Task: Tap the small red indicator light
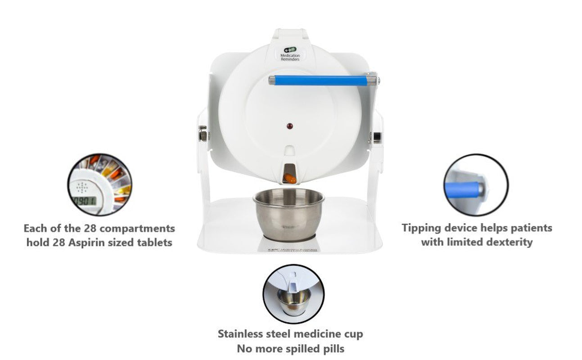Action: (290, 126)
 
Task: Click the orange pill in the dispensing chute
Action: (290, 179)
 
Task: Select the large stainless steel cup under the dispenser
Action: (289, 213)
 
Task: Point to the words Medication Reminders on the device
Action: (288, 58)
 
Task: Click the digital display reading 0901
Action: (85, 201)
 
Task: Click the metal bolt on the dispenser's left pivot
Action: (203, 134)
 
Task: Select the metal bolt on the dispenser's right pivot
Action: (376, 136)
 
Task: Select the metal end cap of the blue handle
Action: (371, 81)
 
